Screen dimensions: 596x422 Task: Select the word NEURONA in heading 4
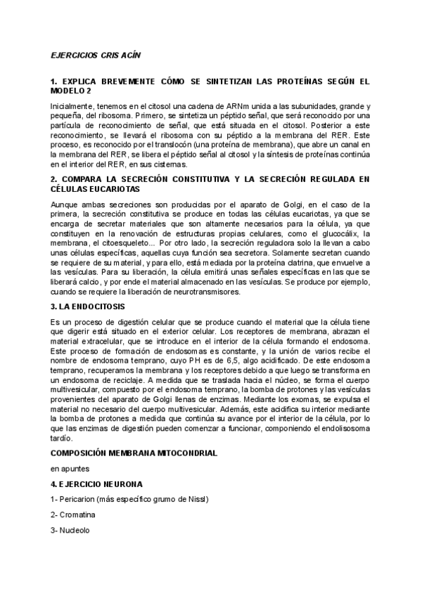(x=119, y=484)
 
